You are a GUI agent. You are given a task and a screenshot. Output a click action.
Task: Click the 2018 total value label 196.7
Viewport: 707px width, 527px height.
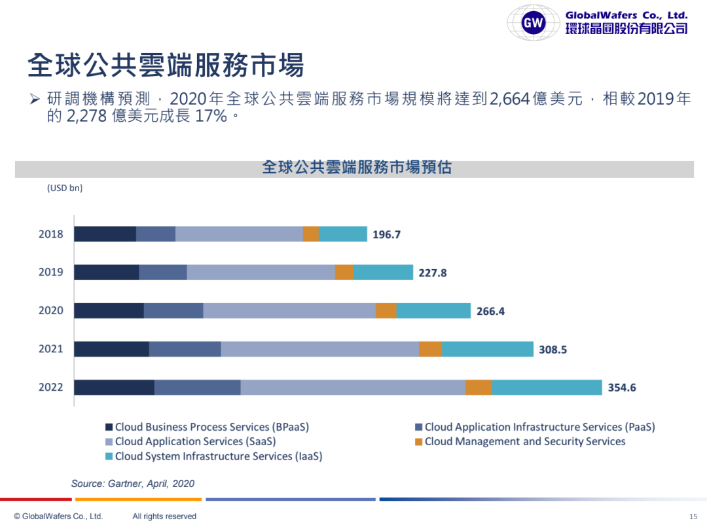386,234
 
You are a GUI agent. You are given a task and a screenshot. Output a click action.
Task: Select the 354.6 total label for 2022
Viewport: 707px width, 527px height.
622,388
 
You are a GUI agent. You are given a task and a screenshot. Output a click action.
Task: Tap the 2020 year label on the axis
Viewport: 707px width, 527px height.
51,310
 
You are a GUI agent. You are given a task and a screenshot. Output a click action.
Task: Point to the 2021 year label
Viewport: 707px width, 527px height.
51,349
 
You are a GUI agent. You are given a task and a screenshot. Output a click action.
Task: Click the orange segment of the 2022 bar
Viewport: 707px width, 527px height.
479,388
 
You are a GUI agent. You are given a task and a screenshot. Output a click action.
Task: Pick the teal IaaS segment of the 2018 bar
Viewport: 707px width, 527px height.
343,234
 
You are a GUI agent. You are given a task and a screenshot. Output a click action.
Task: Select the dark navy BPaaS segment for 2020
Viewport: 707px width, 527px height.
109,310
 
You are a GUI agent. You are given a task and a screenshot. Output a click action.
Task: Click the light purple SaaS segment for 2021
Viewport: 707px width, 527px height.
319,349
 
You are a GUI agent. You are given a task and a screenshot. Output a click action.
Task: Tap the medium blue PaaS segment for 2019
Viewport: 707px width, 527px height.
163,272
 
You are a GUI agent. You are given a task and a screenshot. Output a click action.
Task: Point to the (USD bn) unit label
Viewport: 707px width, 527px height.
65,188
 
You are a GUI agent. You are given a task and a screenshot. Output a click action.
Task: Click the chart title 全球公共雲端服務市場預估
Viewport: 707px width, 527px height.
357,168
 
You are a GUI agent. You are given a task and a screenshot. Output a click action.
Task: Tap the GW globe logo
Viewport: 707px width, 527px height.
534,24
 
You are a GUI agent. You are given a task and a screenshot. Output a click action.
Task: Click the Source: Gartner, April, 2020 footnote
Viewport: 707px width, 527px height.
133,484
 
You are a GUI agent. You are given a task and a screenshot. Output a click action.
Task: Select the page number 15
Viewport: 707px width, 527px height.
694,517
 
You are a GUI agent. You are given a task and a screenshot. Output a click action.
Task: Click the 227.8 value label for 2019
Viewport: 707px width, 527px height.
433,273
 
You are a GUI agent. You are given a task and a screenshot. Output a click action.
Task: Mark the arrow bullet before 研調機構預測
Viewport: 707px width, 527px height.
35,100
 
